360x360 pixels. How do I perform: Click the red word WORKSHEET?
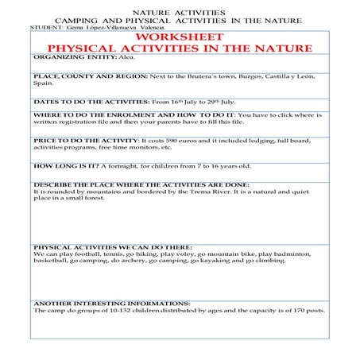[x=179, y=37]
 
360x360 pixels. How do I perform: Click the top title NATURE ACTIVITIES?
[x=178, y=12]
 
